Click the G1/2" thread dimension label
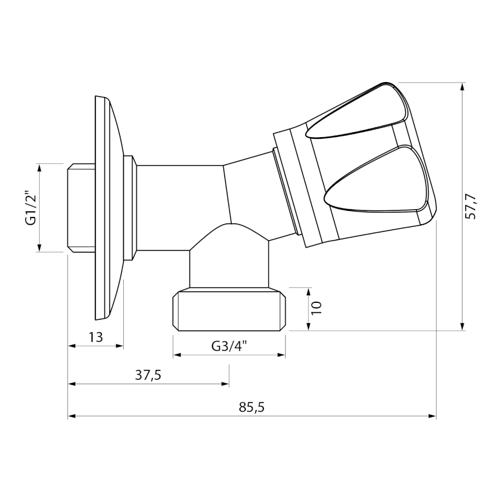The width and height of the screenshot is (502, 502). point(32,208)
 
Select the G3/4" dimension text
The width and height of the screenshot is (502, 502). point(230,346)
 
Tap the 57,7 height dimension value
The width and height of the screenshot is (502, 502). point(470,206)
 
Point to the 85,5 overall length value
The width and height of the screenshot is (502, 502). point(252,408)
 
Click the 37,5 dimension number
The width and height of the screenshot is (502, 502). point(148,375)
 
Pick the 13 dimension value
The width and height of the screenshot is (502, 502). point(96,337)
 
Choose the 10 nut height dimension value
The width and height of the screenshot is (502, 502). point(317,308)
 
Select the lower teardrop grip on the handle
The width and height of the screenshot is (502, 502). point(376,179)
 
